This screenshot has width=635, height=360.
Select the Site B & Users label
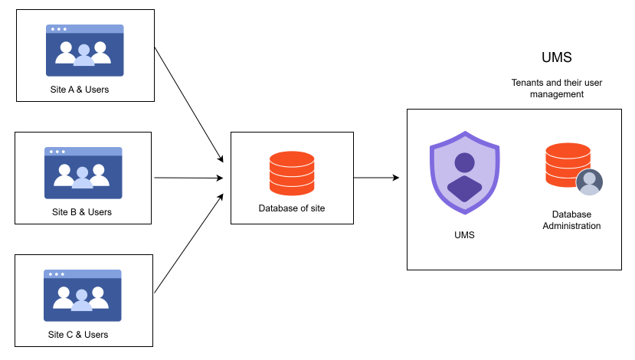coord(81,212)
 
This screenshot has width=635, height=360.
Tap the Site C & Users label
coord(77,335)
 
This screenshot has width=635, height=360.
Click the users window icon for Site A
coord(84,51)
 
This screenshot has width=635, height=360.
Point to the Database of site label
coord(292,208)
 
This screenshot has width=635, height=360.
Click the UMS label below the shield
coord(464,235)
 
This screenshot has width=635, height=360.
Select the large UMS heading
coord(556,57)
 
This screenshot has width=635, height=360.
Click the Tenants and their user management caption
coord(556,88)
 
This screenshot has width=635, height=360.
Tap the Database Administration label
coord(571,220)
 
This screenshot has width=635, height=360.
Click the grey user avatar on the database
coord(589,182)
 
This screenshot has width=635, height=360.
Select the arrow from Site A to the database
coord(188,104)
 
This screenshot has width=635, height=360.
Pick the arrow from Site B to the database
coord(188,178)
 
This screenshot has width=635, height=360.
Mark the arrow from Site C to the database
coord(188,243)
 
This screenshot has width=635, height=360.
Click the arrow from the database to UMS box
coord(376,178)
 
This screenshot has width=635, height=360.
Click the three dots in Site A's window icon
coord(57,29)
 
